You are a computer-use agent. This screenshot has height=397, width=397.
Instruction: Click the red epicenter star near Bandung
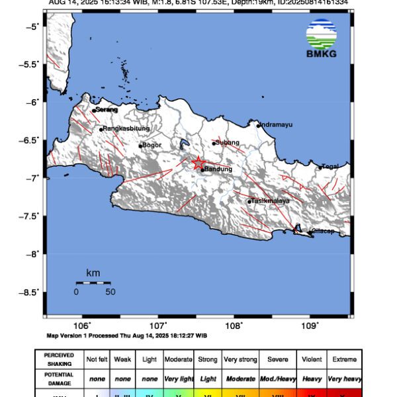[198, 162]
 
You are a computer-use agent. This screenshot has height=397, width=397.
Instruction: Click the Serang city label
[107, 110]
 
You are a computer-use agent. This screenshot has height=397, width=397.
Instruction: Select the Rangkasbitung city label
[126, 128]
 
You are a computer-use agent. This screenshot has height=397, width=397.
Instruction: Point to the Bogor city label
[152, 145]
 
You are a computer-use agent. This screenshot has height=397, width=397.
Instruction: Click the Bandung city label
[218, 170]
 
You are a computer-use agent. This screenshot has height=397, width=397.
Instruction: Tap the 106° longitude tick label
[83, 326]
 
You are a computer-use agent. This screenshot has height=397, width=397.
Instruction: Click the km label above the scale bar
[93, 273]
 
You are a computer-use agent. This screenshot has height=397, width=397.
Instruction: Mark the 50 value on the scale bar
[110, 292]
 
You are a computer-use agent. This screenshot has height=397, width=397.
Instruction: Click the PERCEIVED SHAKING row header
[60, 359]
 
